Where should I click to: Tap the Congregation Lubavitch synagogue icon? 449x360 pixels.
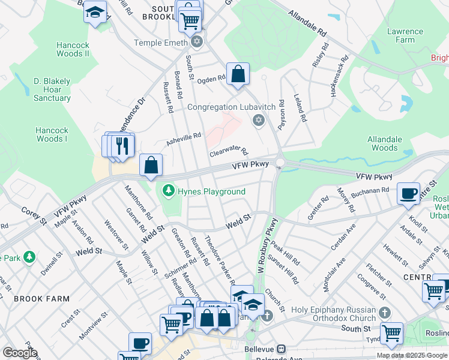pos(259,121)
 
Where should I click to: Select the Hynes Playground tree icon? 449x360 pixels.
pos(169,191)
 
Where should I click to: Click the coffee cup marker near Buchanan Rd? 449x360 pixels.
pos(408,193)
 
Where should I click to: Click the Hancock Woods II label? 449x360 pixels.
pos(73,49)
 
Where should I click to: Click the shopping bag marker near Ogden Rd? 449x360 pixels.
pos(238,74)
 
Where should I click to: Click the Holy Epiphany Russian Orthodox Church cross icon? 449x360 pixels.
pos(385,313)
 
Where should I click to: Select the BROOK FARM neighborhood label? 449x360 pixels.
pos(41,299)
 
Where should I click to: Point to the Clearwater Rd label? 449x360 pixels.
pos(229,152)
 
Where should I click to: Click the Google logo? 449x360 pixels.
pos(20,353)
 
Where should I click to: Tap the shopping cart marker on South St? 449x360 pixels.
pos(391,332)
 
